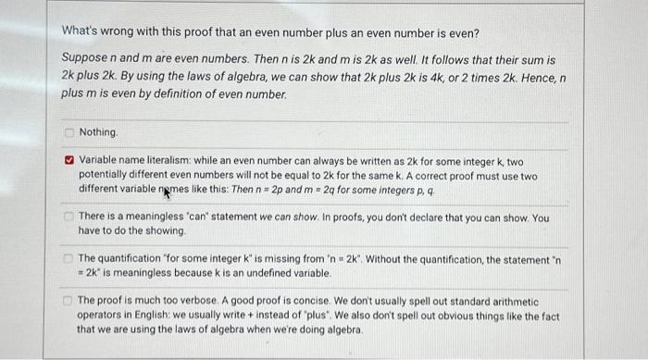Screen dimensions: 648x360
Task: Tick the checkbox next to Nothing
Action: coord(68,132)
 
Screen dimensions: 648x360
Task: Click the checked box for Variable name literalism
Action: coord(68,160)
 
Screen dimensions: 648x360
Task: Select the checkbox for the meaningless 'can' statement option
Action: coord(68,217)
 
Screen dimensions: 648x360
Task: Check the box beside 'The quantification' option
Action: coord(68,257)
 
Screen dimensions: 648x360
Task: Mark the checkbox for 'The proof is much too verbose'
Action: coord(68,301)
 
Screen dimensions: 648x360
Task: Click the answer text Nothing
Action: coord(98,132)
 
